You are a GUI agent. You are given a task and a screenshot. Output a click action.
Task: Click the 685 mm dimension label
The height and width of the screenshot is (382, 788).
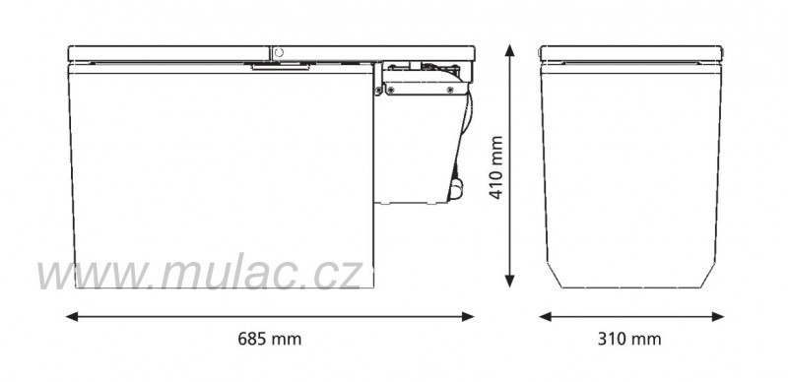click(x=269, y=339)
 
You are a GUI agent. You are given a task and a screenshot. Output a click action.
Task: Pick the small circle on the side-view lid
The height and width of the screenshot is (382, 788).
click(x=280, y=50)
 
